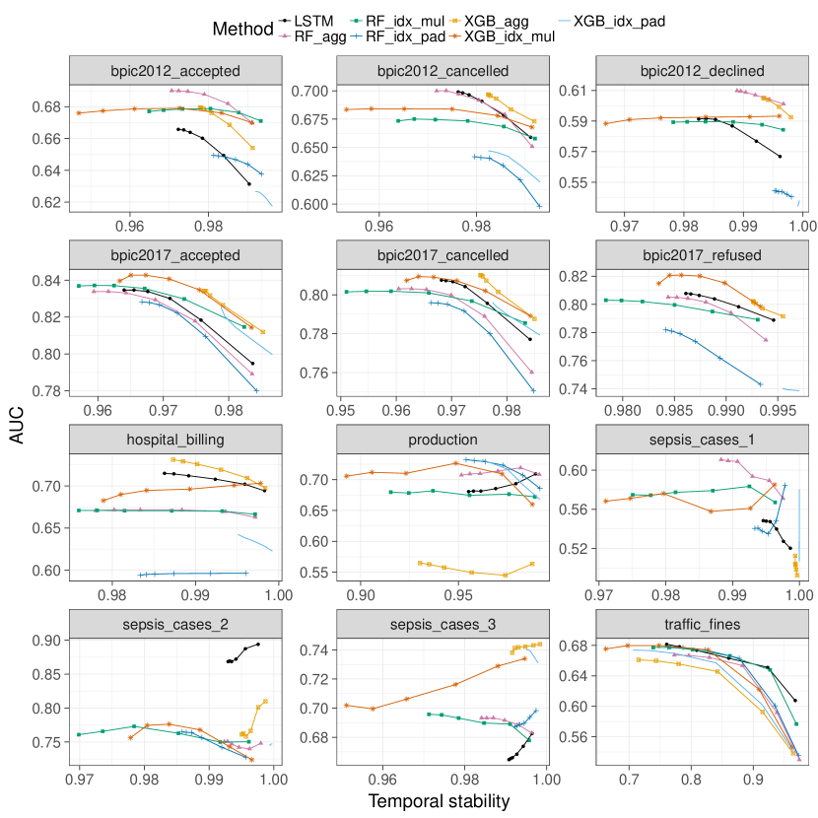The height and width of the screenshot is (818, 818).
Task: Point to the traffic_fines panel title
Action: coord(703,625)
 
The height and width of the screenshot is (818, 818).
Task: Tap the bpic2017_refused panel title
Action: coord(703,254)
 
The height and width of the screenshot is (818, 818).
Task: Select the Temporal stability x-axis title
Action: coord(439,802)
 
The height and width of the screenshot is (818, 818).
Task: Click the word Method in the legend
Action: coord(242,30)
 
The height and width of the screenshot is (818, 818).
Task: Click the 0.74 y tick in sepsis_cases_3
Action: coord(317,650)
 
